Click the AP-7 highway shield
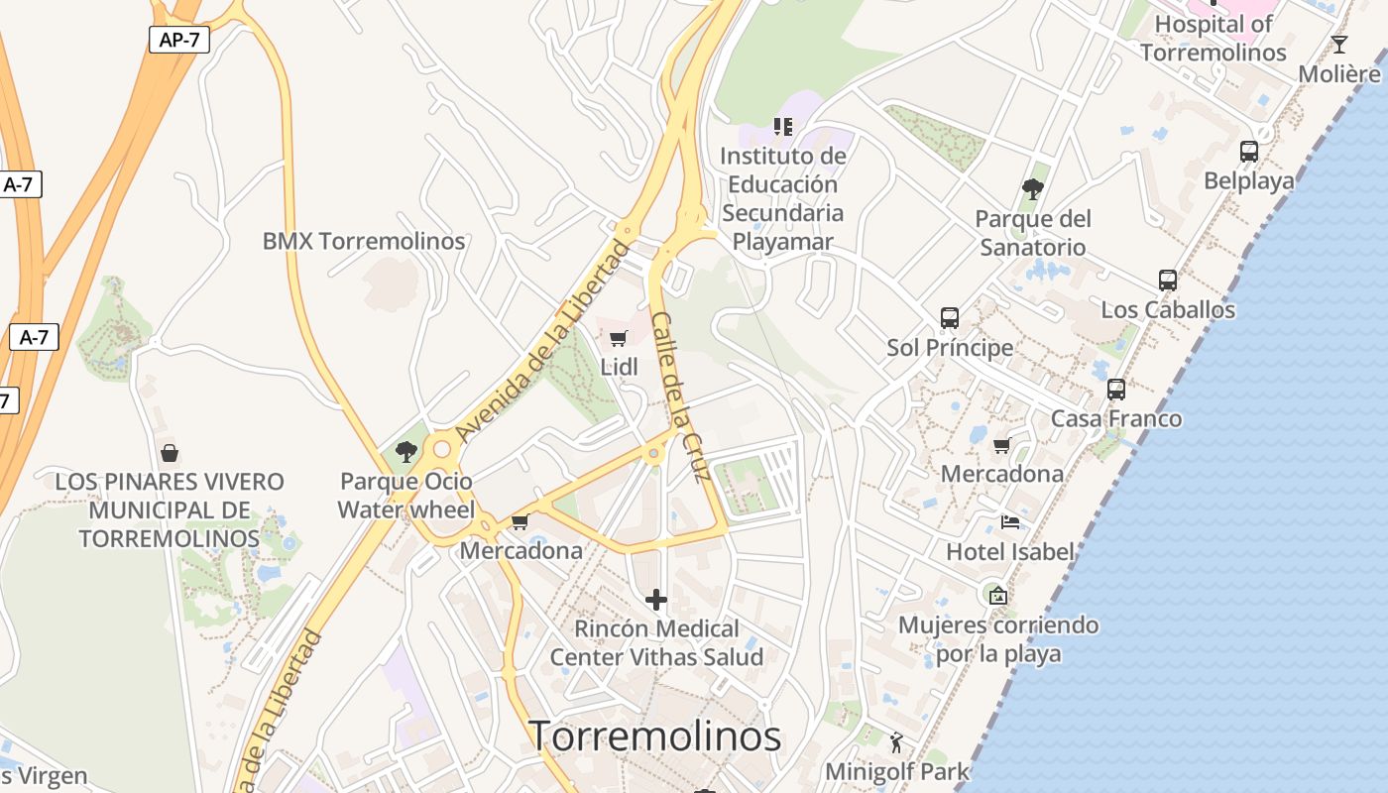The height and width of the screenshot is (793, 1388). point(179,40)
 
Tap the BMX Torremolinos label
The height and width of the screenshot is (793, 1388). point(364,241)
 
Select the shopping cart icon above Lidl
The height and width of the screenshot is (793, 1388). point(619,339)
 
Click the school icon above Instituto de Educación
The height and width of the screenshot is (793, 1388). point(783,127)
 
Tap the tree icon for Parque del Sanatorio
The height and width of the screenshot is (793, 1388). point(1033,188)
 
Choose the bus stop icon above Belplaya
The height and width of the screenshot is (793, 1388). point(1249,152)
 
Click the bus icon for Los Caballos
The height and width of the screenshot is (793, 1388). point(1168,281)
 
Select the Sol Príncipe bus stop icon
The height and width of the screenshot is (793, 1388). point(950,318)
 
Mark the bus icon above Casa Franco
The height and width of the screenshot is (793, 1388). point(1116,390)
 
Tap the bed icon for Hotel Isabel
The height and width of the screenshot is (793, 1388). point(1010,522)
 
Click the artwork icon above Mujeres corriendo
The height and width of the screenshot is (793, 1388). point(998,596)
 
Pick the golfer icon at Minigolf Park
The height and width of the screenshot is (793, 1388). point(897,741)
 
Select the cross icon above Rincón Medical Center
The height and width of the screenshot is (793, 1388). point(656,600)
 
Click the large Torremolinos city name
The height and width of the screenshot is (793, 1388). point(655,736)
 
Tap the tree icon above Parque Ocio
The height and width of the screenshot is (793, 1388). point(405,452)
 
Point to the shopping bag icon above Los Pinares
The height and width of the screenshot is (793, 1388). point(170,454)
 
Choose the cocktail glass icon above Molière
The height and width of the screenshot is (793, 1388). point(1339,45)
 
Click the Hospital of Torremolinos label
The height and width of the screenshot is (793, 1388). point(1214,38)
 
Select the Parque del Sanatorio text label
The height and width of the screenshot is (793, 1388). point(1033,233)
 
